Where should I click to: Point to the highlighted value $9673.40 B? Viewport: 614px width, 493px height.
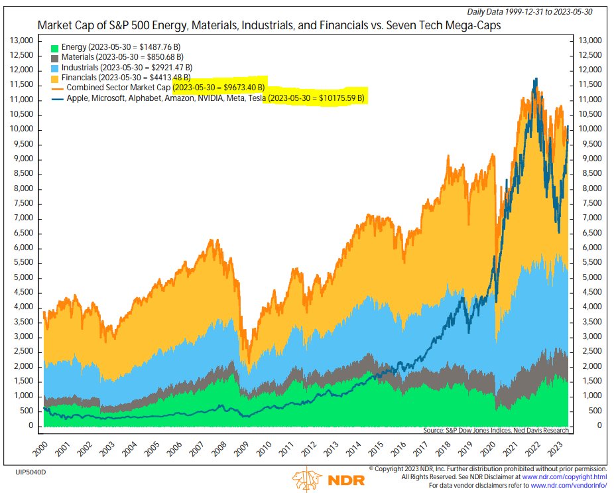219,88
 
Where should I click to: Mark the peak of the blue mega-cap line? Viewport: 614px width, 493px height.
535,78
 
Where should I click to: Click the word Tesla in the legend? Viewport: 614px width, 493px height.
253,98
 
